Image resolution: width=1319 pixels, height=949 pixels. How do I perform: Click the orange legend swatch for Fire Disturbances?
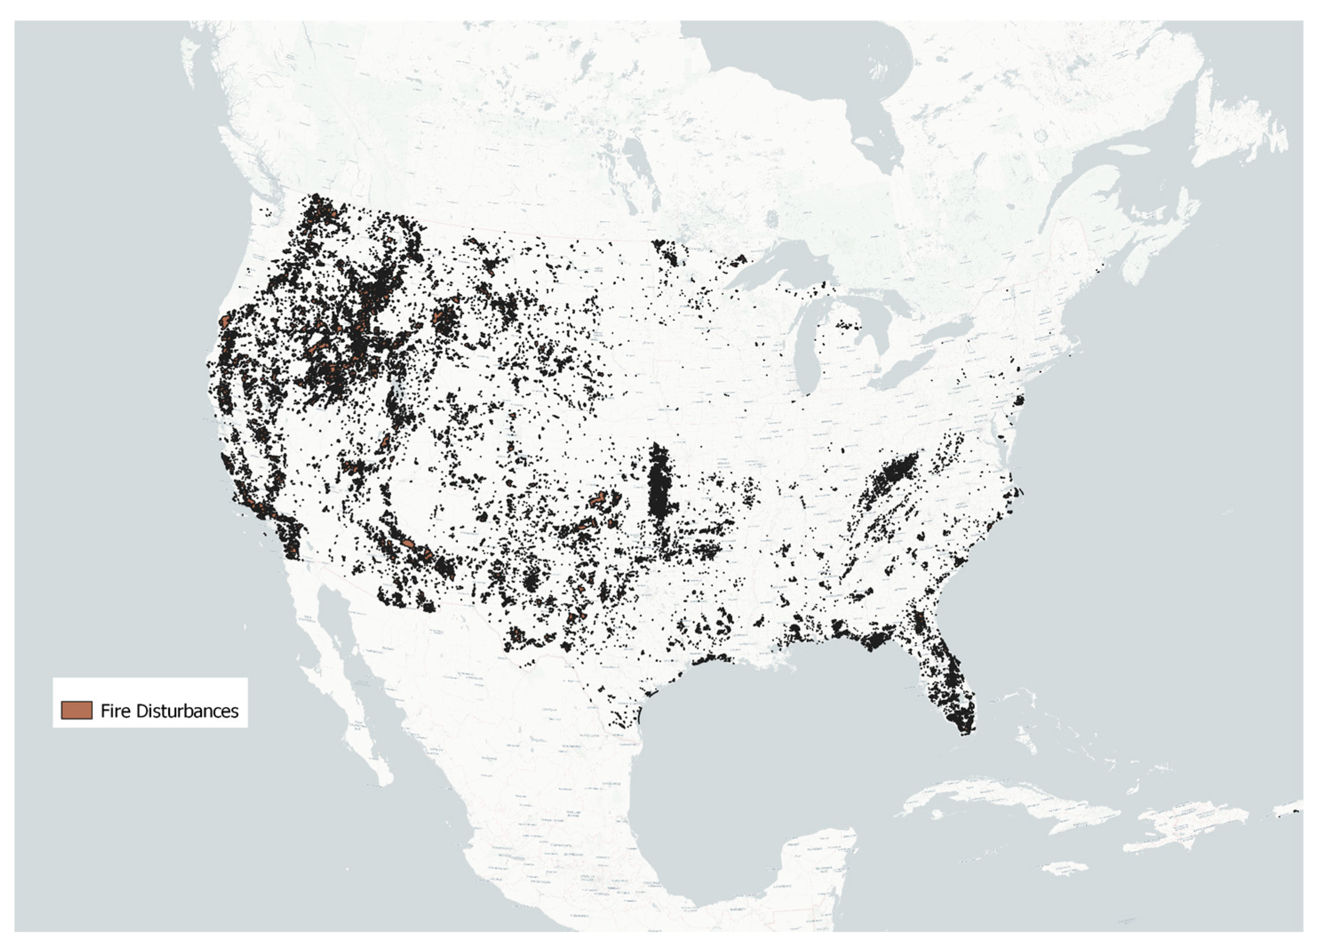(x=76, y=711)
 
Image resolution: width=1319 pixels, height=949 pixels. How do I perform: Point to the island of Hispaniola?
(x=1186, y=826)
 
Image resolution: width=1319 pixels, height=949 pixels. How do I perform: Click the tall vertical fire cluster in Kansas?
(x=658, y=483)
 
